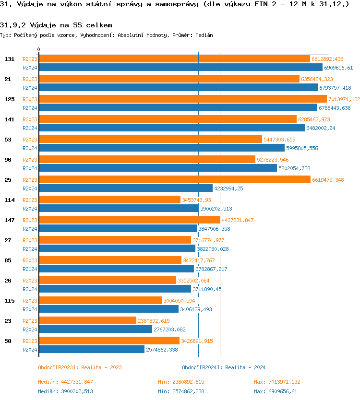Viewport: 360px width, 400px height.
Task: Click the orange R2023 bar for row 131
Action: pos(174,59)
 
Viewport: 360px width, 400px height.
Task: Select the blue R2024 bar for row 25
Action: pos(125,188)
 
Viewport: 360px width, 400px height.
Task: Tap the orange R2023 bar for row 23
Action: pos(87,321)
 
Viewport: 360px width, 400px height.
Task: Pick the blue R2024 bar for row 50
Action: pos(92,350)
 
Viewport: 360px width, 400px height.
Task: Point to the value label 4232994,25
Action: pos(228,188)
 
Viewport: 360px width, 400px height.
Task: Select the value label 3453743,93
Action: pos(196,200)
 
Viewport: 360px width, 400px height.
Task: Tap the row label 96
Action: pos(8,160)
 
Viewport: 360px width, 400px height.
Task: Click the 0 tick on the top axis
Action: pos(39,49)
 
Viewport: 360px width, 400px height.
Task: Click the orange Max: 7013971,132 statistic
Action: pos(277,382)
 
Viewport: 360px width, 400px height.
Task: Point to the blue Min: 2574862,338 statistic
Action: pos(181,391)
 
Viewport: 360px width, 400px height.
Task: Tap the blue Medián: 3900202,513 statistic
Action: pos(65,391)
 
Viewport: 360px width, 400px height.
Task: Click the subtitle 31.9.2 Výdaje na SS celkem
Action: pos(56,24)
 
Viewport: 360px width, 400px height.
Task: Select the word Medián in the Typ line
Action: pos(204,35)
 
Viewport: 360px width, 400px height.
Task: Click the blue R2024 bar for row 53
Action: pos(161,148)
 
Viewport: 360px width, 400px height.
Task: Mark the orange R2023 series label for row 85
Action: pos(30,260)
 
